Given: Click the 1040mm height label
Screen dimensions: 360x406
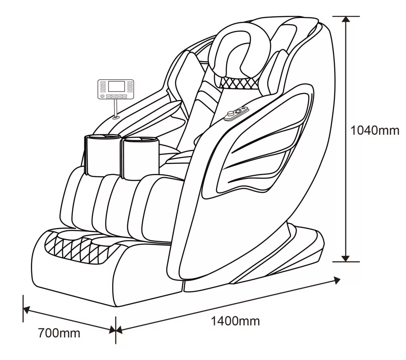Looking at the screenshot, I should [375, 130].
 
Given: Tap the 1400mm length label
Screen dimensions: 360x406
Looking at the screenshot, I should [235, 320].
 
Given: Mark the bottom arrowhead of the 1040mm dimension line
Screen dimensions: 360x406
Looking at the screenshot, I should [346, 258].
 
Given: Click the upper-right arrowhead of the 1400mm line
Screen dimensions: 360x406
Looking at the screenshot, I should [337, 280].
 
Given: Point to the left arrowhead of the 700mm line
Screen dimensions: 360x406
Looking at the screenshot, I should [26, 310].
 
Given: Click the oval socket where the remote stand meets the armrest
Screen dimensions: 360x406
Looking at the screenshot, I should [116, 117].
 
